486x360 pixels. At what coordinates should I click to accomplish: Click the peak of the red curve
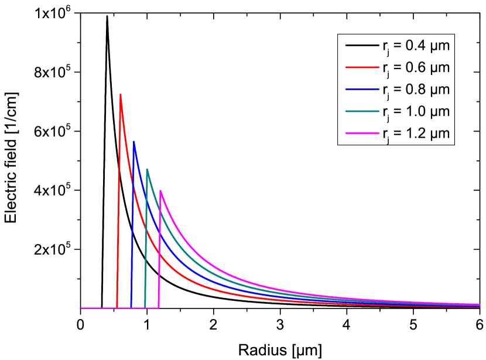121,94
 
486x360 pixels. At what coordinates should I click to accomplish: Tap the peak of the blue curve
134,141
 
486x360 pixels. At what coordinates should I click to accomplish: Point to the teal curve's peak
147,169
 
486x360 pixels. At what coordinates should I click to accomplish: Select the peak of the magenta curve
160,190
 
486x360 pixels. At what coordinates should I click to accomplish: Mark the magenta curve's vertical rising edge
159,252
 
